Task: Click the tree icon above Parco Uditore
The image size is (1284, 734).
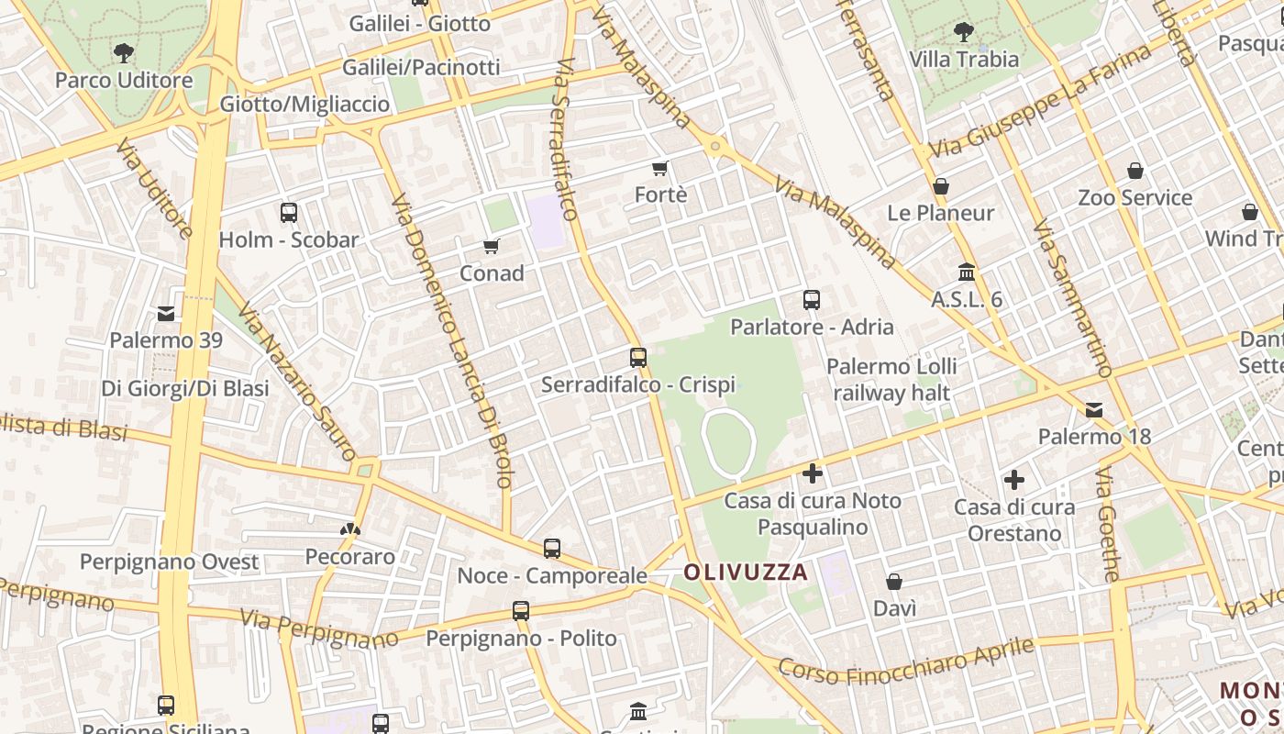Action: coord(123,53)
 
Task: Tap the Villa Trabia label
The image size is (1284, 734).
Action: coord(964,60)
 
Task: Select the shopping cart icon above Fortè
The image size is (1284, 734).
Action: coord(659,168)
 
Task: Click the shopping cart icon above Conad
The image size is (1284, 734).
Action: coord(492,246)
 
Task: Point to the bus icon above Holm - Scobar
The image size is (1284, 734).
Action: coord(289,213)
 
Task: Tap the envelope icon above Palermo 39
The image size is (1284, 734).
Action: coord(166,314)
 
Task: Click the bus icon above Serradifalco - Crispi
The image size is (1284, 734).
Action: coord(638,358)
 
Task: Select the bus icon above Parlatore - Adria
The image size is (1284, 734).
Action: coord(812,300)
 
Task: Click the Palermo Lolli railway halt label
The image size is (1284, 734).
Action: coord(891,380)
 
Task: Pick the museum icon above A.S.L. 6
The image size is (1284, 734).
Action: coord(967,272)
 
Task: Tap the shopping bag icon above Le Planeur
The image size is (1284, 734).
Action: coord(941,186)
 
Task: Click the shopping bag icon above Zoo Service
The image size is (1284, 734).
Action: coord(1135,171)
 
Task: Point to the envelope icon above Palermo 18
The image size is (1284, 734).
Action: coord(1094,409)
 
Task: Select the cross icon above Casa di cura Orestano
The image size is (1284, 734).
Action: coord(1013,480)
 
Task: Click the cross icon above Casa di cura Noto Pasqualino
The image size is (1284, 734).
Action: coord(813,473)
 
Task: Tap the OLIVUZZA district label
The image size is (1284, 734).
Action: coord(746,573)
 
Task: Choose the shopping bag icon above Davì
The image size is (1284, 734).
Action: coord(894,582)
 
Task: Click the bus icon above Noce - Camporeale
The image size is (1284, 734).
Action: coord(552,549)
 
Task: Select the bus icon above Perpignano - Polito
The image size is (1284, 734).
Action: coord(521,611)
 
